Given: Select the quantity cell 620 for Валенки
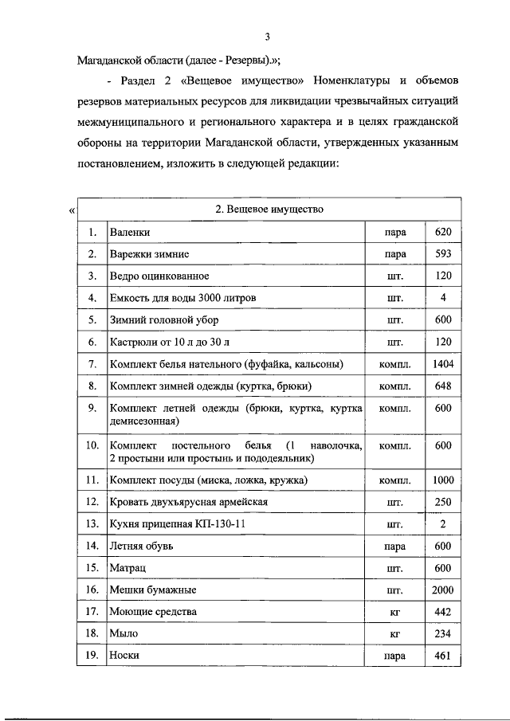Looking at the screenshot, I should click(443, 233).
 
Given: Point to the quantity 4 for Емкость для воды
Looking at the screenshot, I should click(443, 298).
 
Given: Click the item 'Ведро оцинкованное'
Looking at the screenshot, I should click(159, 276).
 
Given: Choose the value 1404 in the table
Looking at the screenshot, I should click(443, 364).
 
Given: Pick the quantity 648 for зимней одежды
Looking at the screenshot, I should click(443, 386).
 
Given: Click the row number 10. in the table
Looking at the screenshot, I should click(93, 444).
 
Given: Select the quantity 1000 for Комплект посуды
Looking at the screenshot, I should click(443, 480).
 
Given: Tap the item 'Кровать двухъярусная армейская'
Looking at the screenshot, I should click(188, 503).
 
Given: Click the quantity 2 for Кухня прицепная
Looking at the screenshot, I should click(443, 524).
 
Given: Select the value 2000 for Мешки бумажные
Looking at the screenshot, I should click(443, 590).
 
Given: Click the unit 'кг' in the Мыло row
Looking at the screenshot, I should click(394, 634).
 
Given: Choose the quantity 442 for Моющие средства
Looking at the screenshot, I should click(443, 612).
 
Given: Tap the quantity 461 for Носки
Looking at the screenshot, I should click(443, 656).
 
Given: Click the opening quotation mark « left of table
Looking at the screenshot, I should click(72, 211).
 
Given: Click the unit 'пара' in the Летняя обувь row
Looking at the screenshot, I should click(394, 547).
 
